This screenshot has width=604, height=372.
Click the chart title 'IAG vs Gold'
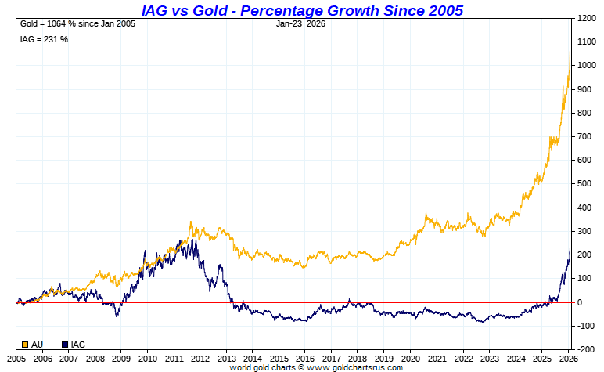pos(302,10)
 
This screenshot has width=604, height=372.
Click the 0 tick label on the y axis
pos(580,302)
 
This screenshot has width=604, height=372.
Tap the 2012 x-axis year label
pos(200,358)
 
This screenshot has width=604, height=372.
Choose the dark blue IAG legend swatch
pos(65,345)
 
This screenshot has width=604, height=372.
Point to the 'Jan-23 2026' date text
pos(301,23)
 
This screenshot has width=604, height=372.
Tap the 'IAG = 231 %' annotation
pos(44,39)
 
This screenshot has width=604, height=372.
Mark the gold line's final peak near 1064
pos(570,50)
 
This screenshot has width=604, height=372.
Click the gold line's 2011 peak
pos(192,222)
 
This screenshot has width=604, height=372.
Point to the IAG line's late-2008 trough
pos(117,315)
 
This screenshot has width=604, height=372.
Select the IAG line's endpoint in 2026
pos(570,248)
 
